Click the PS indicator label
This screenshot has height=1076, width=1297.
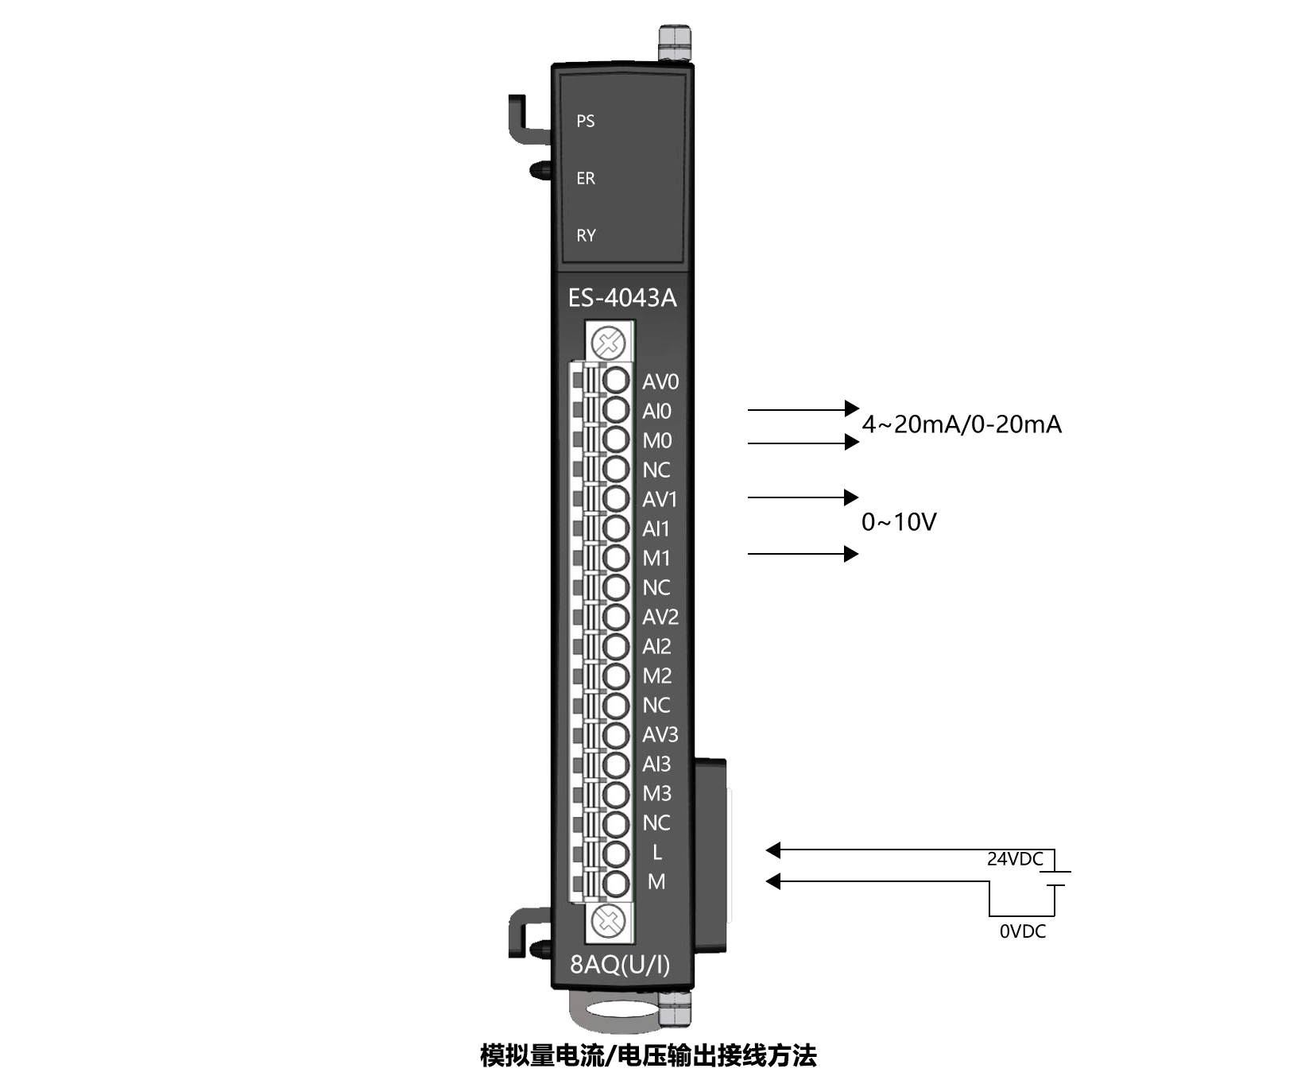[586, 121]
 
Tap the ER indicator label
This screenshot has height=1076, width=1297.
[586, 178]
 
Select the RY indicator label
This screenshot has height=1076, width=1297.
[586, 235]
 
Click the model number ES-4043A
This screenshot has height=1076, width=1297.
[622, 298]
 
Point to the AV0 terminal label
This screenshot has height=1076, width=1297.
[660, 382]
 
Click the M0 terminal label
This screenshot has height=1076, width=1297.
[657, 441]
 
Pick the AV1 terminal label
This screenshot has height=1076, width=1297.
[660, 500]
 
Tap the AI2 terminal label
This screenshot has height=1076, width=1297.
[656, 647]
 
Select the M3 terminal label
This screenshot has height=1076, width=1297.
[657, 794]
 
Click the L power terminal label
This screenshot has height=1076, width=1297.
[656, 853]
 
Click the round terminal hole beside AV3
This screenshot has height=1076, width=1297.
[615, 735]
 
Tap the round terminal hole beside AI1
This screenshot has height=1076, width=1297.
[615, 528]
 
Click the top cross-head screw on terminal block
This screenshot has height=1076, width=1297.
[610, 344]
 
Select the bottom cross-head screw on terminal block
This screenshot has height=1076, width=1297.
[610, 922]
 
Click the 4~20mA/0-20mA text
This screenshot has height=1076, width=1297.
[962, 424]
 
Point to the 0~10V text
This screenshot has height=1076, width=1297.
[899, 522]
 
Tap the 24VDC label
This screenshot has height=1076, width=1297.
[1015, 859]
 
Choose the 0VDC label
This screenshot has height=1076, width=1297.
[1023, 931]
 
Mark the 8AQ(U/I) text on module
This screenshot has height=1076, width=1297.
[620, 964]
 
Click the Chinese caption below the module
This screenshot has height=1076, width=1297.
[648, 1055]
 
